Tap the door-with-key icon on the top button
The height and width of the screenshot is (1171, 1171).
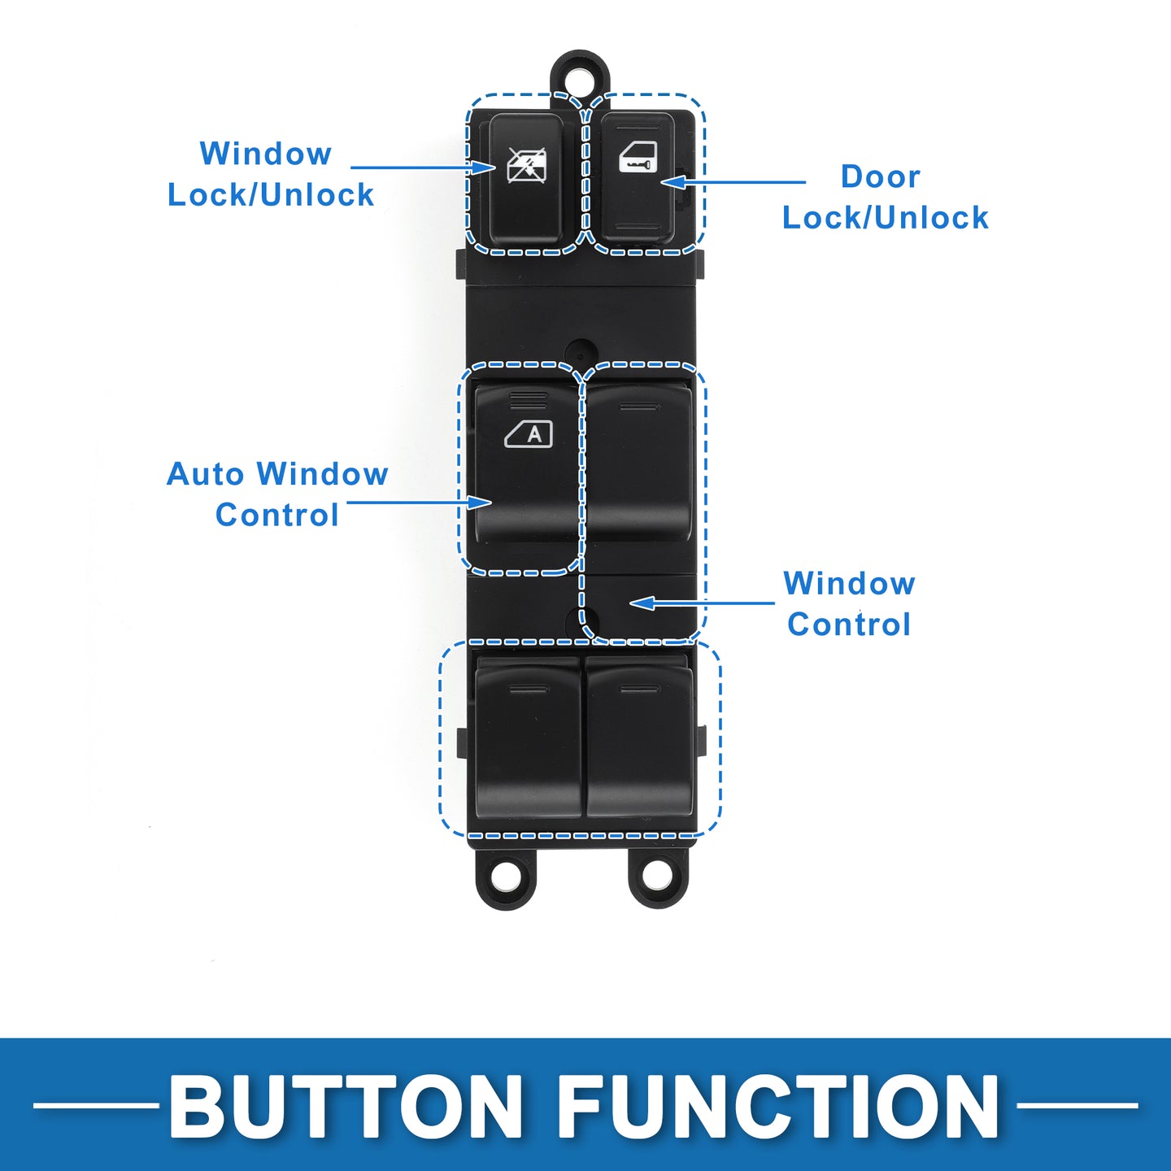[638, 158]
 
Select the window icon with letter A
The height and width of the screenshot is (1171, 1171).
[529, 434]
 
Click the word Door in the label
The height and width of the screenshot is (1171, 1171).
[881, 176]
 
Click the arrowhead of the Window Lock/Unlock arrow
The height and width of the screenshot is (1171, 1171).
[484, 168]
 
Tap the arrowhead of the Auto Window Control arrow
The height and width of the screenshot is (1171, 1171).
[480, 502]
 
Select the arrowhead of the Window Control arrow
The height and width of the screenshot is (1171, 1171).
[642, 603]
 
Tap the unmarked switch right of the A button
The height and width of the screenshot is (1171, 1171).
[638, 462]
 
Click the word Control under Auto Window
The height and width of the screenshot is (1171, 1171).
[277, 516]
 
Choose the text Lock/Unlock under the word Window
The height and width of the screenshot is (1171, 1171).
[271, 195]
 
